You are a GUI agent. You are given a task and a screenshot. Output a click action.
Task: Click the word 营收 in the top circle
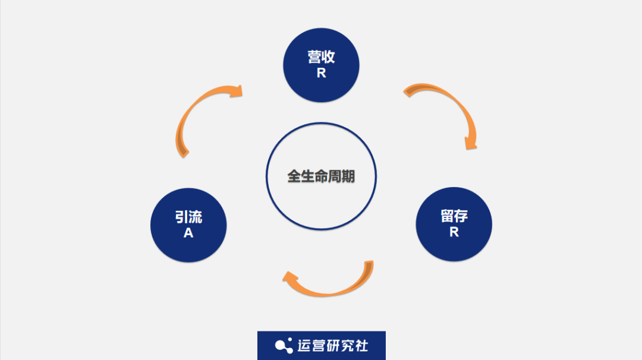(x=321, y=57)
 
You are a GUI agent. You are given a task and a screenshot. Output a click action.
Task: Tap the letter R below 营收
(x=321, y=74)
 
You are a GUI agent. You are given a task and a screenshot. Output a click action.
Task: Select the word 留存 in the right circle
(x=454, y=216)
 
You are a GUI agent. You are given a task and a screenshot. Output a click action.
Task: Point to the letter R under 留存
(x=454, y=232)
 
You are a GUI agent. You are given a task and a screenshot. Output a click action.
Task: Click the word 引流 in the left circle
(x=188, y=217)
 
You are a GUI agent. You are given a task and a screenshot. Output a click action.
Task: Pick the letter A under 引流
(x=188, y=233)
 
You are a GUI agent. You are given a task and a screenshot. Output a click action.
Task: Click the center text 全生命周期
(x=321, y=176)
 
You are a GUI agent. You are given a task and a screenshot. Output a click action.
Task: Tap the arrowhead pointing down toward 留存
(x=470, y=143)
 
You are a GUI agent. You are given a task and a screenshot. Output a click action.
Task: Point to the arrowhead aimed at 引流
(x=291, y=279)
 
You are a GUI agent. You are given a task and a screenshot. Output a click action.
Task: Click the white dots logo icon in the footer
(x=283, y=345)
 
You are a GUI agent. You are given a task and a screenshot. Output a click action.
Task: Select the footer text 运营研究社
(x=332, y=345)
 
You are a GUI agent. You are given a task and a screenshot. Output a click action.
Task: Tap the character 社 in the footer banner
(x=361, y=345)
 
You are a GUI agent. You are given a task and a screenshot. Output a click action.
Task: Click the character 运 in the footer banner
(x=304, y=345)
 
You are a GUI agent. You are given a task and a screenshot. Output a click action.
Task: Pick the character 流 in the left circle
(x=196, y=217)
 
